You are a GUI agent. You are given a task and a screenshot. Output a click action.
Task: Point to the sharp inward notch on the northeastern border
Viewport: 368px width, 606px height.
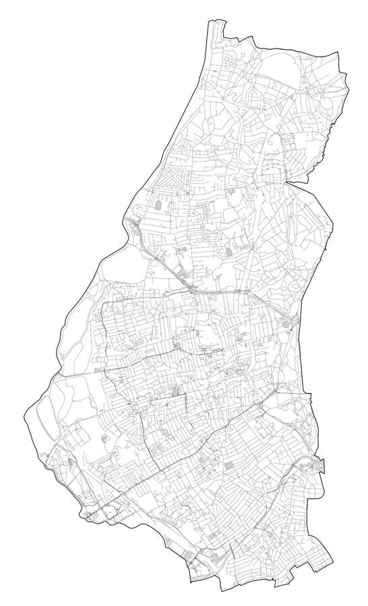[290, 180]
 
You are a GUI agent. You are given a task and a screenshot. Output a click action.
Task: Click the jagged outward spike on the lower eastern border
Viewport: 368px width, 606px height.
[321, 463]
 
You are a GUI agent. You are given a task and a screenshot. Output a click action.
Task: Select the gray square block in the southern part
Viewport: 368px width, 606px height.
[231, 467]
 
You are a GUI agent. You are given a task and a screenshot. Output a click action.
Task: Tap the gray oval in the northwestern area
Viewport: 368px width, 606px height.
[157, 204]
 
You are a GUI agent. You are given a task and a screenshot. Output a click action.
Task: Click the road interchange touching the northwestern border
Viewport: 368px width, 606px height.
[132, 224]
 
